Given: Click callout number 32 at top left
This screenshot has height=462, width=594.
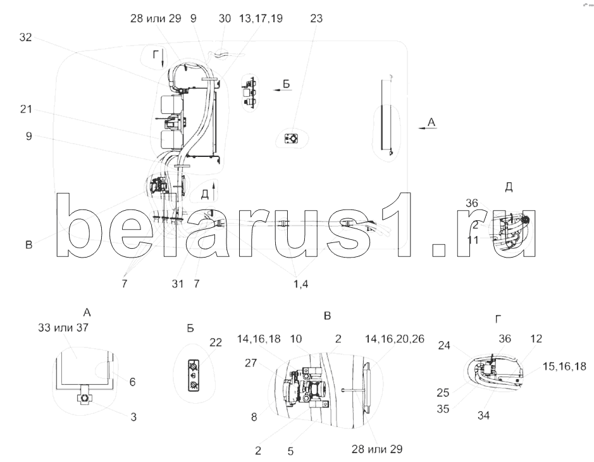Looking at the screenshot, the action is click(25, 37).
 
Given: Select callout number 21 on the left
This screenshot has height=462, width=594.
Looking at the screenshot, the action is click(26, 109).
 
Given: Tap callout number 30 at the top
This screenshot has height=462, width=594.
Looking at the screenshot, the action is click(225, 18).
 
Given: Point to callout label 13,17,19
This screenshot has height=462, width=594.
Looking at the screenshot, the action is click(261, 19).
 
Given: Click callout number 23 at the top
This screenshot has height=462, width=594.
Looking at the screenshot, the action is click(316, 18).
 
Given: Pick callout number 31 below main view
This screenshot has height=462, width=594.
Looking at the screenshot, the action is click(177, 284).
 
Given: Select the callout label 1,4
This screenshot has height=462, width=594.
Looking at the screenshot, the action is click(300, 284).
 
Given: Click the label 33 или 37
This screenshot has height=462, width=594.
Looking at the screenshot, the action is click(63, 327).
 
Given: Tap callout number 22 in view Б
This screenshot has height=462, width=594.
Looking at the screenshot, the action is click(216, 342).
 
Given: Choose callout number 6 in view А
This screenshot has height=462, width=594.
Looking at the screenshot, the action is click(132, 382).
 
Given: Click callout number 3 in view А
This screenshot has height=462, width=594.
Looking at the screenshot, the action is click(133, 417).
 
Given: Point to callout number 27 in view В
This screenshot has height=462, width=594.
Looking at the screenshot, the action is click(251, 363).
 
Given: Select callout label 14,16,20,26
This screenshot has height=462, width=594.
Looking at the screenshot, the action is click(395, 339).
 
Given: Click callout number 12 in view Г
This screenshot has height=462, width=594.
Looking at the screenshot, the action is click(536, 339).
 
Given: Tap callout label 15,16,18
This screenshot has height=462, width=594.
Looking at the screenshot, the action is click(564, 366).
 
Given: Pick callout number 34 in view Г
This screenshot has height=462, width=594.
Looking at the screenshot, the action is click(483, 416).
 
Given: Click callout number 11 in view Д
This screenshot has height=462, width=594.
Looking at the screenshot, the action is click(473, 240).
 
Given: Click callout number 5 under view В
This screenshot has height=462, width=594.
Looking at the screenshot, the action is click(290, 451).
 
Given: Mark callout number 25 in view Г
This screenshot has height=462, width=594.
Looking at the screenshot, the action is click(443, 392).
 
